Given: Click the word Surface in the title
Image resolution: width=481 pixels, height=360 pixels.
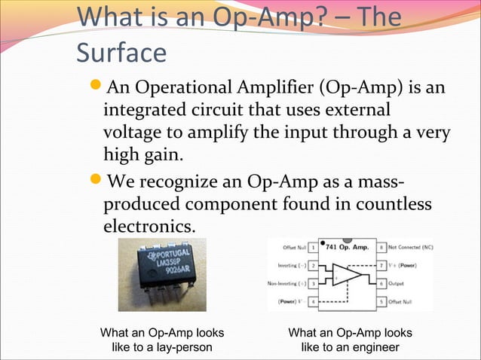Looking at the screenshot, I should click(121, 53).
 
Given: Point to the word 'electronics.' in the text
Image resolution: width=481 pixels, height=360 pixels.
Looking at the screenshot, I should click(149, 226).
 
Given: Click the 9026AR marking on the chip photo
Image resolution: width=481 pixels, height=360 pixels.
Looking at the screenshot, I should click(173, 276).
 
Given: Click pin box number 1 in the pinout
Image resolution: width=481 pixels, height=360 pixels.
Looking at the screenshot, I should click(312, 246).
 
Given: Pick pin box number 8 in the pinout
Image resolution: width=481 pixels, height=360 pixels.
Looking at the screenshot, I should click(381, 246).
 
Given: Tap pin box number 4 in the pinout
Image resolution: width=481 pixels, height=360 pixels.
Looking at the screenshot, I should click(312, 302).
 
